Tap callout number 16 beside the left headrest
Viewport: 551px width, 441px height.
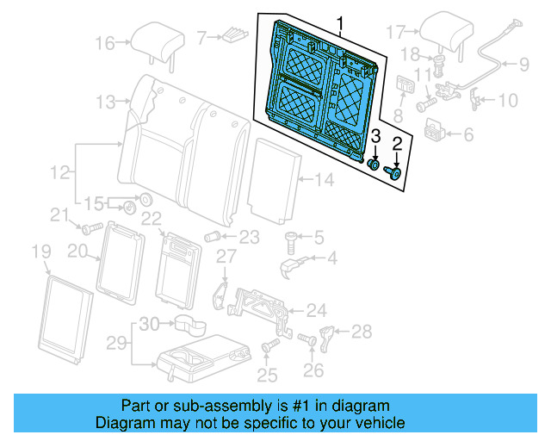[104, 43]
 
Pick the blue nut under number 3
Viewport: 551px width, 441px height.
[375, 165]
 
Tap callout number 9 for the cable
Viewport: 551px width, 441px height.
[523, 63]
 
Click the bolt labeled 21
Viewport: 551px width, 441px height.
[88, 228]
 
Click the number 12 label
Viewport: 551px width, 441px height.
[59, 174]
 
